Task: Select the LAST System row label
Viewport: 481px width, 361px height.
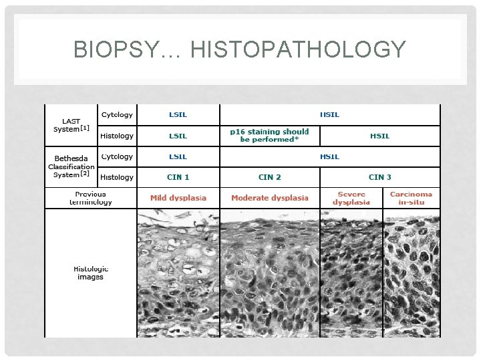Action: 71,125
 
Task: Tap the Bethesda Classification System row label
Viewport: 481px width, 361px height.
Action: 71,166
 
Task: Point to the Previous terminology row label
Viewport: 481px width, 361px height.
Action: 90,198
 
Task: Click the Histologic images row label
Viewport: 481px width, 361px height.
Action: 90,273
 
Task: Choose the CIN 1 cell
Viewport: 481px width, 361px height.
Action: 178,177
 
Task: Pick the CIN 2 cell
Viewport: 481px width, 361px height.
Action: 270,177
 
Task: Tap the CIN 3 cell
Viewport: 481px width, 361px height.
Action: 380,177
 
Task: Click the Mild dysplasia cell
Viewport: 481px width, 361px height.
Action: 178,198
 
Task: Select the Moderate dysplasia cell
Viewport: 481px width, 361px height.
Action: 270,198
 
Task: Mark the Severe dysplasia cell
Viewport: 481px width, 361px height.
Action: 351,198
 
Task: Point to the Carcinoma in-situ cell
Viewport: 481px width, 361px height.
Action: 411,198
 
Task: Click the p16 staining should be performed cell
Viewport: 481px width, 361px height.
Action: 269,136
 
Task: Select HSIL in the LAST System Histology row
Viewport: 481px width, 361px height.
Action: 380,136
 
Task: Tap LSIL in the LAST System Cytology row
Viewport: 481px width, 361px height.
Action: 178,114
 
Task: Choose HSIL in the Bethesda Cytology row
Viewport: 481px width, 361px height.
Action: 329,156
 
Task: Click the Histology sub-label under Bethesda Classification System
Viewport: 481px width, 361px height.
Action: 117,177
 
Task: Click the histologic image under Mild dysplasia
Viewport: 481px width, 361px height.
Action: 178,273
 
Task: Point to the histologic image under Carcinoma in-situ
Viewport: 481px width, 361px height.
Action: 412,273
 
